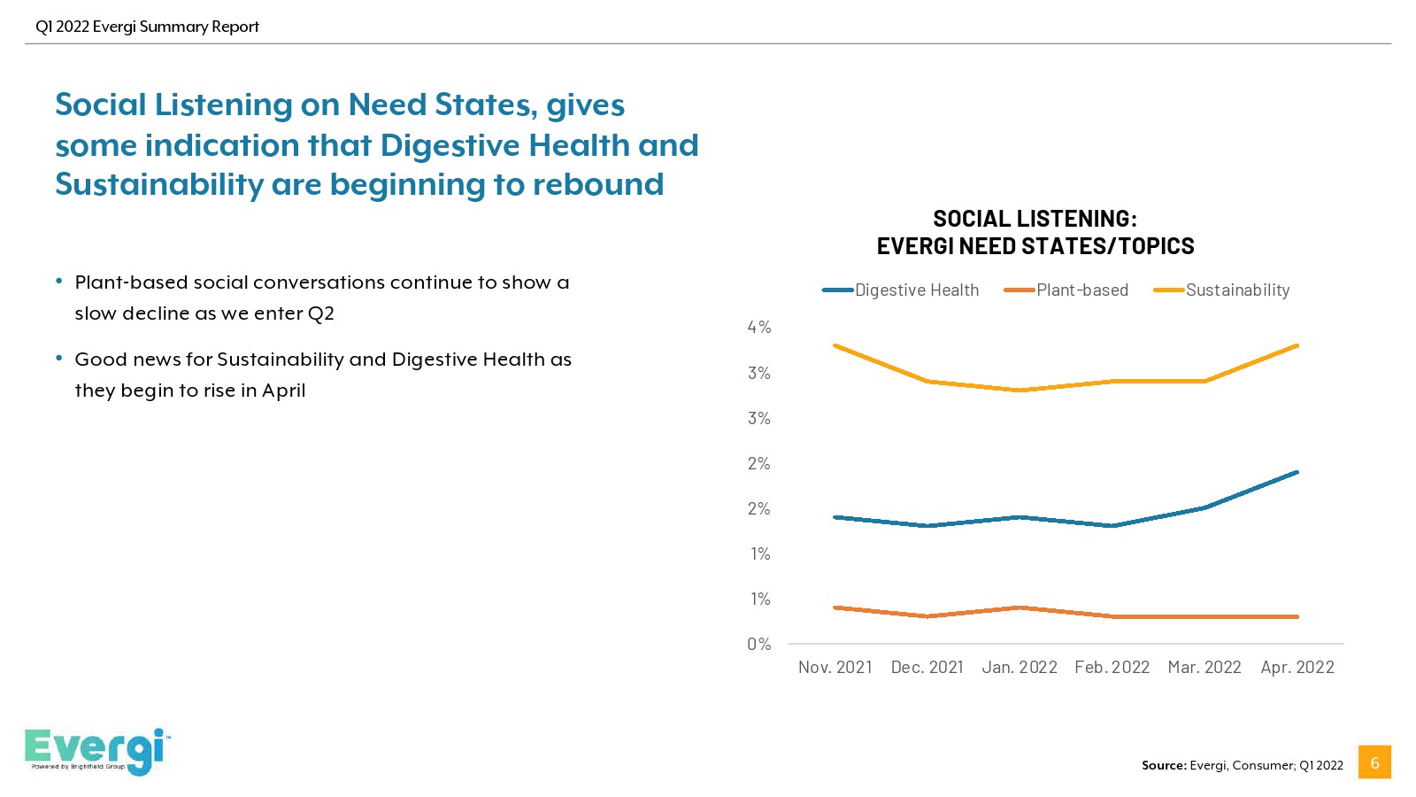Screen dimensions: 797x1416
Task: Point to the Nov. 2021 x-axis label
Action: pyautogui.click(x=835, y=668)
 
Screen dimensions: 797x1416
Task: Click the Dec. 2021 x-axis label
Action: pyautogui.click(x=927, y=668)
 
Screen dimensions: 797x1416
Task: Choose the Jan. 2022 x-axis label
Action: pyautogui.click(x=1020, y=668)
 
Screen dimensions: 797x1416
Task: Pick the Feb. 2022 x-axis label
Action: pyautogui.click(x=1112, y=668)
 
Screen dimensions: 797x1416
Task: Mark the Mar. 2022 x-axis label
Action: pyautogui.click(x=1204, y=668)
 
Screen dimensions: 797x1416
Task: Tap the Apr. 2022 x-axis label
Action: pyautogui.click(x=1297, y=668)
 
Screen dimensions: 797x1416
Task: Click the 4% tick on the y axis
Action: pyautogui.click(x=759, y=328)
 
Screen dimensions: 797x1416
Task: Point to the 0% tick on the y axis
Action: pyautogui.click(x=759, y=645)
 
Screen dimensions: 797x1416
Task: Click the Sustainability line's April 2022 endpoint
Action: pyautogui.click(x=1297, y=345)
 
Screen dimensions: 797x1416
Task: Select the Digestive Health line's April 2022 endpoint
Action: pyautogui.click(x=1297, y=472)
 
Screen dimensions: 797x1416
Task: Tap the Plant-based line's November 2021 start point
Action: pyautogui.click(x=835, y=607)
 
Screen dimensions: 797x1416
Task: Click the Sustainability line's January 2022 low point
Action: pyautogui.click(x=1020, y=391)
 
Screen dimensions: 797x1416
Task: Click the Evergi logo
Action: pyautogui.click(x=96, y=751)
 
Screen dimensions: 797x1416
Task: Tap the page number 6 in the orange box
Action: pyautogui.click(x=1374, y=762)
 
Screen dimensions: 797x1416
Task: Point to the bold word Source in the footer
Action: pyautogui.click(x=1163, y=765)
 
